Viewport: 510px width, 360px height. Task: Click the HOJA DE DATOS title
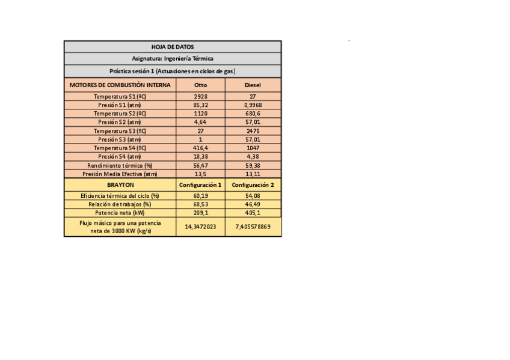pos(173,47)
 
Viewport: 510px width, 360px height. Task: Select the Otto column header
pos(200,85)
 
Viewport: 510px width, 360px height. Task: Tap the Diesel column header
pos(253,85)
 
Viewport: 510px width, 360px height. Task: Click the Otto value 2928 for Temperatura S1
pos(200,96)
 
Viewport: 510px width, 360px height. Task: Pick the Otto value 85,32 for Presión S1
pos(200,105)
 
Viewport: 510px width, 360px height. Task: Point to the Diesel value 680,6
pos(253,113)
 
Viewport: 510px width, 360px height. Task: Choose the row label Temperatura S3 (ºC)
pos(120,130)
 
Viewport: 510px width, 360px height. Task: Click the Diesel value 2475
pos(253,130)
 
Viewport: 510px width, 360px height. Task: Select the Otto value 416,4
pos(200,147)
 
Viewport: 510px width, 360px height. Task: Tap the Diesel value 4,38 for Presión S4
pos(253,156)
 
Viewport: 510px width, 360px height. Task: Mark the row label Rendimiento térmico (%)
pos(120,165)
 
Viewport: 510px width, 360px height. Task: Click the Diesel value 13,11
pos(253,174)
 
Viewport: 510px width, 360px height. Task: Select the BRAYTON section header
pos(120,185)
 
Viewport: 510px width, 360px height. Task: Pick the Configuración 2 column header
pos(253,185)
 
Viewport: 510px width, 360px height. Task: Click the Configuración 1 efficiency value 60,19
pos(200,195)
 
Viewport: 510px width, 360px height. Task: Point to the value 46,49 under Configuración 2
pos(253,204)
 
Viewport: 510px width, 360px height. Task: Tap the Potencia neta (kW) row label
pos(120,213)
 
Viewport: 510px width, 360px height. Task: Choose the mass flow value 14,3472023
pos(200,227)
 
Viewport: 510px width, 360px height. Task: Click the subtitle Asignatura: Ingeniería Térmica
pos(173,58)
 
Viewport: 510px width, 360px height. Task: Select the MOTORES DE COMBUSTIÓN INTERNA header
pos(120,85)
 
